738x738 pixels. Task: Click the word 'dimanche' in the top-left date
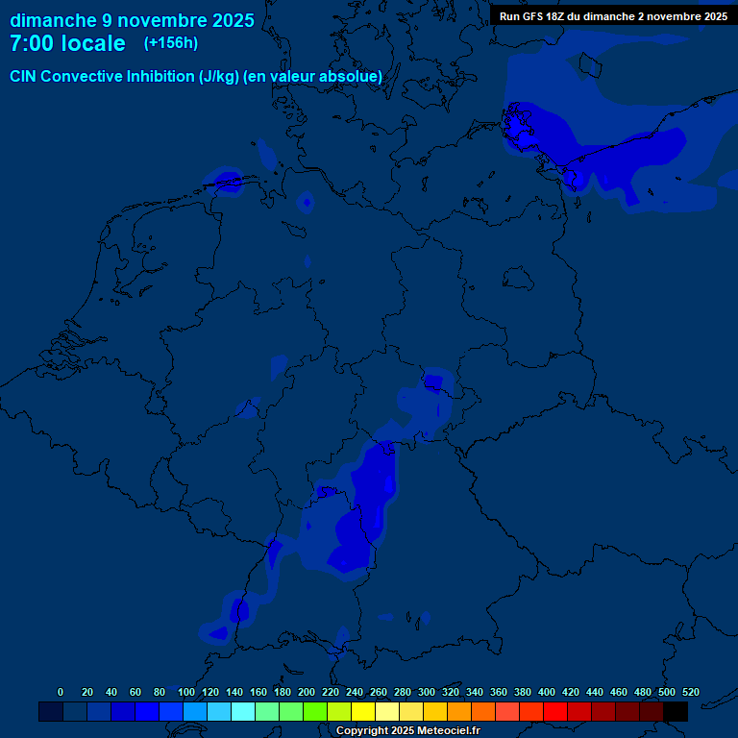[x=52, y=20]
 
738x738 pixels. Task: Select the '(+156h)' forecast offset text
[x=171, y=43]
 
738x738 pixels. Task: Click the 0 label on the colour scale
[x=61, y=692]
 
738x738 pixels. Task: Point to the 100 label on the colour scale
[x=186, y=692]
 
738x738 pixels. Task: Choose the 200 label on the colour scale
[x=307, y=692]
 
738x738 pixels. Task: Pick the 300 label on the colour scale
[x=427, y=692]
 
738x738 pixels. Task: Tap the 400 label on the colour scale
[x=547, y=692]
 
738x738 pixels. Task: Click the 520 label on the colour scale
[x=691, y=692]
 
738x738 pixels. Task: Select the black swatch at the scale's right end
[x=676, y=711]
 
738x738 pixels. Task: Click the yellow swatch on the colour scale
[x=363, y=711]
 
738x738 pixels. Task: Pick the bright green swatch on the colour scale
[x=315, y=711]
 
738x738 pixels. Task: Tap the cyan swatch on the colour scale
[x=243, y=711]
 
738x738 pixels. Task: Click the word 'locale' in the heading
[x=91, y=43]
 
